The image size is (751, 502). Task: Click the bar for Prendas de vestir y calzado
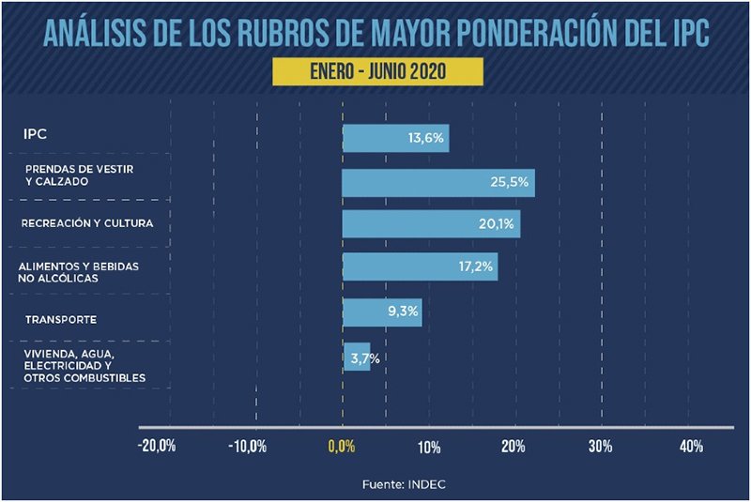(x=437, y=182)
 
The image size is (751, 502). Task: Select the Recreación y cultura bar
(x=431, y=223)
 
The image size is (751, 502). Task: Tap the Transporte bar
(x=381, y=312)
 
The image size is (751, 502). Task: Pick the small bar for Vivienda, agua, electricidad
(x=356, y=357)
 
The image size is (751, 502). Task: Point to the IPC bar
(x=395, y=138)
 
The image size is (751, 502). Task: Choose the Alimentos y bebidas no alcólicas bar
(x=419, y=266)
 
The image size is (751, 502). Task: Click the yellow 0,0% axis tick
(x=342, y=447)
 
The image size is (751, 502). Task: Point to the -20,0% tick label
(x=157, y=447)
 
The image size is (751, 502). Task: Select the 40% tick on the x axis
(x=691, y=447)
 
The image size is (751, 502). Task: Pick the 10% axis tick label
(x=430, y=447)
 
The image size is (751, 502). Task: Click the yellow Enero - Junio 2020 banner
(x=375, y=71)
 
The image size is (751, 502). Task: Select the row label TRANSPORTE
(x=61, y=320)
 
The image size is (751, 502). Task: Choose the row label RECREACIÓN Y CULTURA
(x=86, y=224)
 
